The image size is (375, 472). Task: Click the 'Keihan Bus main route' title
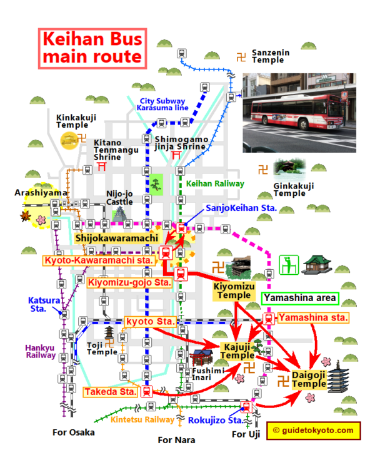[x=92, y=48]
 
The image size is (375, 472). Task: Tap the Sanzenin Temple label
[x=271, y=56]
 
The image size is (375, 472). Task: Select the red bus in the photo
[x=297, y=112]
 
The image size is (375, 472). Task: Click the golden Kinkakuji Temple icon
[x=69, y=140]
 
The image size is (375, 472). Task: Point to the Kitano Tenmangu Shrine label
[x=116, y=150]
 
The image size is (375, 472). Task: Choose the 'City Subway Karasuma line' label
[x=162, y=105]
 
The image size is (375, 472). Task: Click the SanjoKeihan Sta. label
[x=241, y=208]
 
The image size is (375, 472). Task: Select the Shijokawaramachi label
[x=117, y=238]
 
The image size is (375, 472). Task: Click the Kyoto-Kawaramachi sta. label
[x=99, y=260]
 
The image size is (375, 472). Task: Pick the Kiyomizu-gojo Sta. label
[x=129, y=283]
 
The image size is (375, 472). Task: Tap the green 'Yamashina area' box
[x=300, y=298]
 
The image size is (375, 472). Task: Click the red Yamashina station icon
[x=269, y=319]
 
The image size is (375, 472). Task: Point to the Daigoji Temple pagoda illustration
[x=338, y=377]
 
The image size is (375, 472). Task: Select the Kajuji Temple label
[x=237, y=351]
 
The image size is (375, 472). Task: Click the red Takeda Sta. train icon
[x=147, y=391]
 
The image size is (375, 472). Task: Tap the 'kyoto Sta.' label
[x=150, y=322]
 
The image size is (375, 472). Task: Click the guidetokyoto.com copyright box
[x=313, y=431]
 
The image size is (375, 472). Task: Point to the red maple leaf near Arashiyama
[x=25, y=216]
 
